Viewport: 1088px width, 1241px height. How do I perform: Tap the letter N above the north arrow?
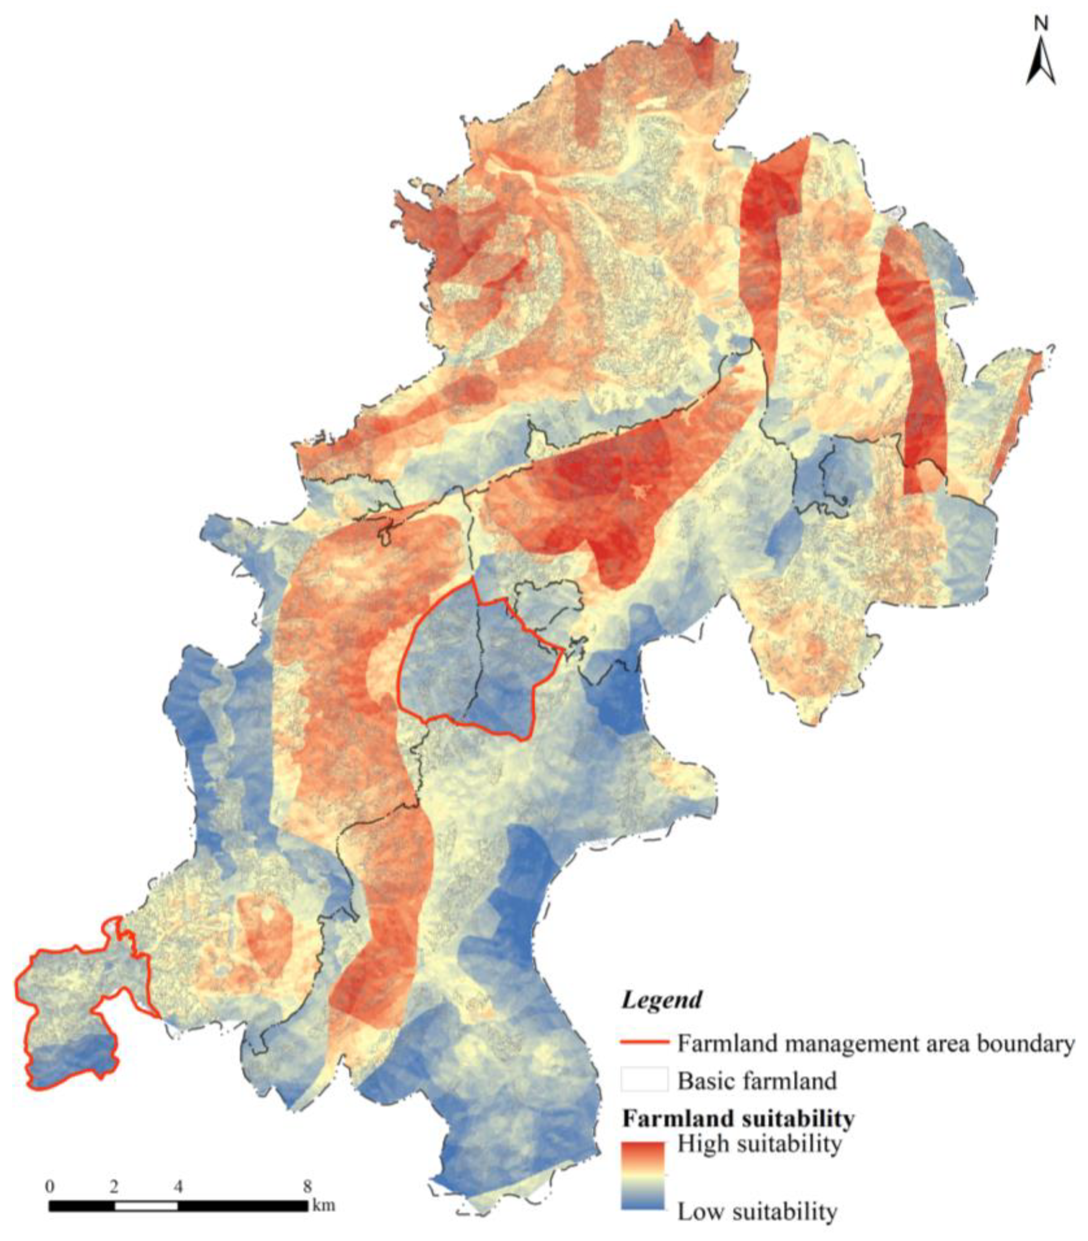pyautogui.click(x=1041, y=24)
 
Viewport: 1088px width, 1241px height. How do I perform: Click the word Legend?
pyautogui.click(x=661, y=999)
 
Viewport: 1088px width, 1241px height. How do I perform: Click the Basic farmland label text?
pyautogui.click(x=757, y=1081)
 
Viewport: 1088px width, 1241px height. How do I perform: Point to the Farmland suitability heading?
pyautogui.click(x=738, y=1118)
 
